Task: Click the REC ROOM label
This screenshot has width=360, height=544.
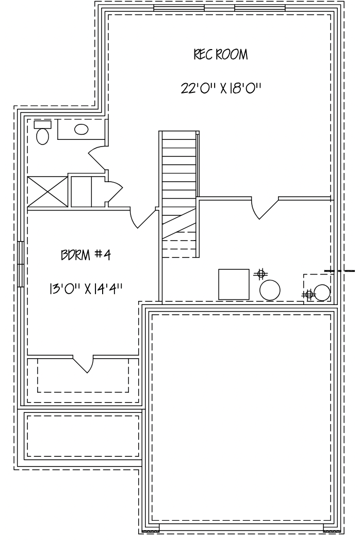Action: pos(221,55)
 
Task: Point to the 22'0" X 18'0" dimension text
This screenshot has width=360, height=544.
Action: pos(221,88)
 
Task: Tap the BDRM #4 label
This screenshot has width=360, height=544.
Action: pos(86,255)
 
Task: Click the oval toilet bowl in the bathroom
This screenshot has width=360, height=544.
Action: pos(43,136)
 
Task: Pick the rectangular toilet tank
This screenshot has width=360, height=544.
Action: pos(43,124)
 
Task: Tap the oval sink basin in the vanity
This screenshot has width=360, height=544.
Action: pos(81,130)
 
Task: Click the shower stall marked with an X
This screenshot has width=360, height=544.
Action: pos(47,192)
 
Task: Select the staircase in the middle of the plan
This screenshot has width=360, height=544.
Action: pos(179,194)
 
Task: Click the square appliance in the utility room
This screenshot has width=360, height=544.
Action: pos(234,284)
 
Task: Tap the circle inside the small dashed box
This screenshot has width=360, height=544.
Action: pos(321,293)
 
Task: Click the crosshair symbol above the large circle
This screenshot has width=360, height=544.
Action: pos(261,275)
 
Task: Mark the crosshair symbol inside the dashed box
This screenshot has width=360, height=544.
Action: pos(308,295)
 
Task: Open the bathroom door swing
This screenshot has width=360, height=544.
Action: pos(98,158)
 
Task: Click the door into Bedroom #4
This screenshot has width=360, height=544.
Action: pos(142,218)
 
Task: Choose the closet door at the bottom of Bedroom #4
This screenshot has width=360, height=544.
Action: pos(83,363)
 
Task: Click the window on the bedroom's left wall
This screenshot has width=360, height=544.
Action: pos(21,264)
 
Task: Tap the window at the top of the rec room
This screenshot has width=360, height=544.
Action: pos(219,8)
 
